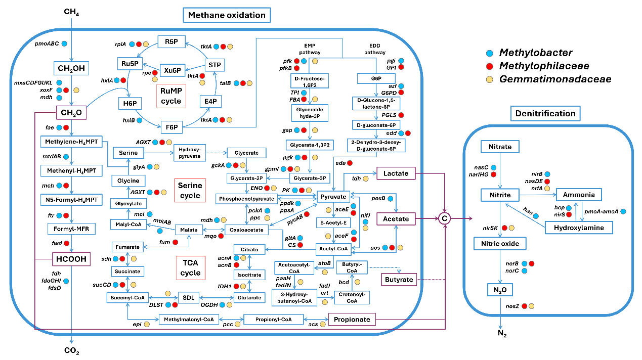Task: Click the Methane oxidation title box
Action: [227, 15]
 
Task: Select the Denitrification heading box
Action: [545, 114]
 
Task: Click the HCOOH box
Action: [70, 260]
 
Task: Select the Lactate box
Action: [396, 173]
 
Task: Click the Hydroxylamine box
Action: [579, 228]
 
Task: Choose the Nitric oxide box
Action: [500, 244]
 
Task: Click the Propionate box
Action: [353, 320]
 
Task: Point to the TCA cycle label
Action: [190, 268]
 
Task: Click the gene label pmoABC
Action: [47, 44]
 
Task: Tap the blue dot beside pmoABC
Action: [64, 44]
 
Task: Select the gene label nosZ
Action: [513, 306]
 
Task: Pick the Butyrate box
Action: [397, 279]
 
